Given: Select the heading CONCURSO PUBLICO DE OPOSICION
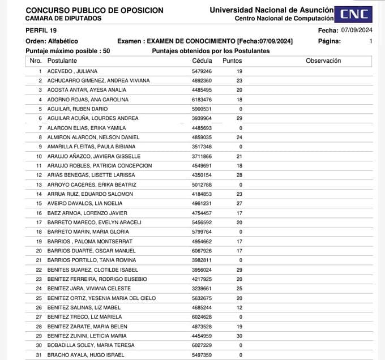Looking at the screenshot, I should pyautogui.click(x=95, y=10).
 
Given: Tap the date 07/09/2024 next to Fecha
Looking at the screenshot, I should pyautogui.click(x=357, y=30).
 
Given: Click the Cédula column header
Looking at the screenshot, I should pyautogui.click(x=202, y=61).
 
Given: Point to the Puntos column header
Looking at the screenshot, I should pyautogui.click(x=232, y=61).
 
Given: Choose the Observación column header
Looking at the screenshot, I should pyautogui.click(x=323, y=61).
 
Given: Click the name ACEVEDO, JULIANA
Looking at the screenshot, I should pyautogui.click(x=72, y=71).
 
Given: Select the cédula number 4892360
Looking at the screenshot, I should pyautogui.click(x=202, y=80).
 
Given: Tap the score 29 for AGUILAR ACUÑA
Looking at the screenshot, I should pyautogui.click(x=239, y=118).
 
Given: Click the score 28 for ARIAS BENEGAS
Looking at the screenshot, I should pyautogui.click(x=239, y=175).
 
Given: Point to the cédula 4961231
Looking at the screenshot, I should pyautogui.click(x=202, y=203).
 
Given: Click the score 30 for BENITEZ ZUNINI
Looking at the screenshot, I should pyautogui.click(x=239, y=336).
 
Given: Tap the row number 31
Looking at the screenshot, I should pyautogui.click(x=39, y=355).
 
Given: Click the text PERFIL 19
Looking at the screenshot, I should pyautogui.click(x=41, y=30).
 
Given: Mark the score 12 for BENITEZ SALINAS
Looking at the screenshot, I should pyautogui.click(x=239, y=307).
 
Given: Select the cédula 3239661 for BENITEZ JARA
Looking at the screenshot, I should pyautogui.click(x=202, y=288).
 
